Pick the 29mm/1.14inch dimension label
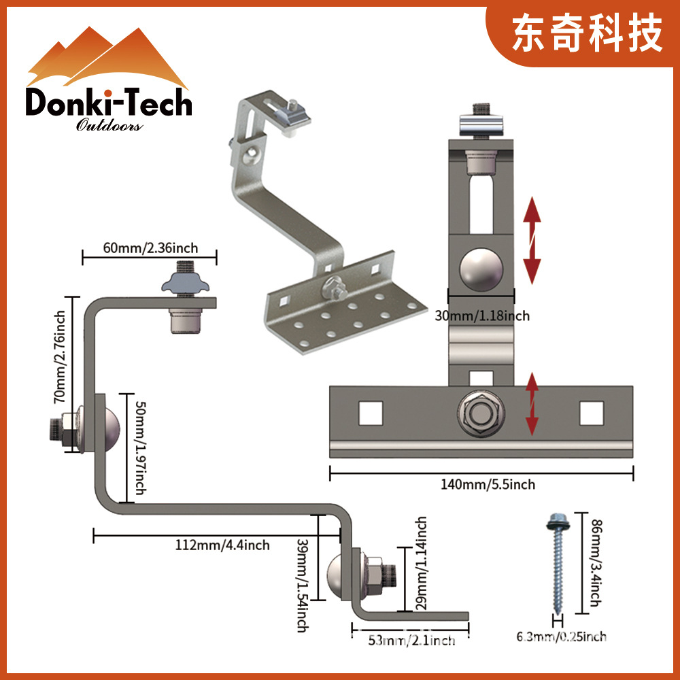coord(422,562)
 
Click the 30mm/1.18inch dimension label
coord(481,316)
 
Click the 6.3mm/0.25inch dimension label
coord(561,637)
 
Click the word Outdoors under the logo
coord(109,126)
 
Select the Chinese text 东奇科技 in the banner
coord(588,34)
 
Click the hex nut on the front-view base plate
coord(480,413)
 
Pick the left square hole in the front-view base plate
coord(371,413)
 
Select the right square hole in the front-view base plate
coord(591,413)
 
